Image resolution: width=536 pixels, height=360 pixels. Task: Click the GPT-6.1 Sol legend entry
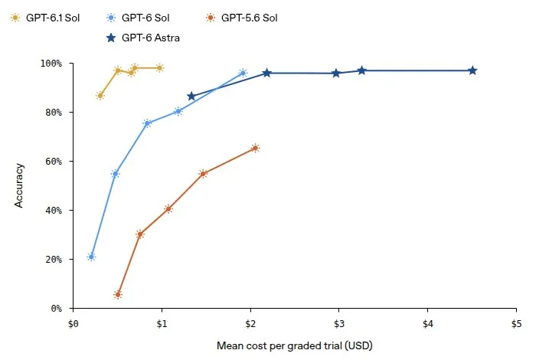coord(45,18)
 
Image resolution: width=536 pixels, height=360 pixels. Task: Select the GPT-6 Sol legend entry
coord(138,18)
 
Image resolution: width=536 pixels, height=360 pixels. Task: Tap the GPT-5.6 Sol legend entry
coord(242,18)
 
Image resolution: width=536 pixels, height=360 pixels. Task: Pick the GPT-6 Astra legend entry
coord(143,38)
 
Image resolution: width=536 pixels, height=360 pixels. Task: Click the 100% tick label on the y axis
coord(51,64)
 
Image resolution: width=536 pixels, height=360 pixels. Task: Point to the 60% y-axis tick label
coord(54,162)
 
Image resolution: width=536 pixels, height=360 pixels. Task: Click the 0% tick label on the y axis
coord(57,309)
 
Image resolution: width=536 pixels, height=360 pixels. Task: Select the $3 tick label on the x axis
coord(338,323)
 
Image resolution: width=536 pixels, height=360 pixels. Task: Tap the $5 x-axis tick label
coord(516,323)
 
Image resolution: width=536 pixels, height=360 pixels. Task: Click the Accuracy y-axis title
coord(19,185)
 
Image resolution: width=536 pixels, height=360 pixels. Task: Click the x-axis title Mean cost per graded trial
coord(294,345)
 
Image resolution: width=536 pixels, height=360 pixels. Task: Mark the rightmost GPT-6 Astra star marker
coord(472,70)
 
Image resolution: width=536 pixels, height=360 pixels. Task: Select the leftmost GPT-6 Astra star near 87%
coord(191,96)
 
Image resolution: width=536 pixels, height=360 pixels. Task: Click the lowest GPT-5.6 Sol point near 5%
coord(118,294)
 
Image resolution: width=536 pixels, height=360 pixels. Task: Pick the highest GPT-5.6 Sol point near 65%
coord(255,148)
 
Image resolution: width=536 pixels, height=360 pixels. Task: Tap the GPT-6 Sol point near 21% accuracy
coord(91,257)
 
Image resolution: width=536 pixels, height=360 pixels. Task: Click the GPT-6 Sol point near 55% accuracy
coord(115,174)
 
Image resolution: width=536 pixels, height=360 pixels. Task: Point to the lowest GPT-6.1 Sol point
coord(100,96)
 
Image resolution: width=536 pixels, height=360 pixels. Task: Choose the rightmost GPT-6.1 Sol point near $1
coord(159,68)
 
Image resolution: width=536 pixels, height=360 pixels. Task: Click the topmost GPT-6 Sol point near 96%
coord(243,74)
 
